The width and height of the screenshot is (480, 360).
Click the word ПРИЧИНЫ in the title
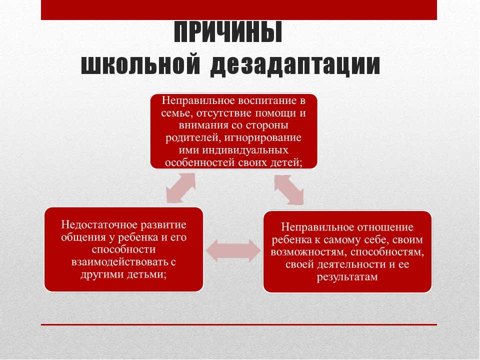(x=228, y=32)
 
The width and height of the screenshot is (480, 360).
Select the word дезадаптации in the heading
(x=295, y=65)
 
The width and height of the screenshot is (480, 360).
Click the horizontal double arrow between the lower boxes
(x=233, y=250)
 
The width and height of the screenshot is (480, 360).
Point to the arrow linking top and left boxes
(x=181, y=188)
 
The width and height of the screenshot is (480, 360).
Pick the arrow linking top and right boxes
(x=289, y=190)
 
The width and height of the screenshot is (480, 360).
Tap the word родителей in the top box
(x=192, y=137)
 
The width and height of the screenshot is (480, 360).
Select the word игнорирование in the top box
(x=263, y=138)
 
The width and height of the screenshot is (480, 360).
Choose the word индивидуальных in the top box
(x=245, y=150)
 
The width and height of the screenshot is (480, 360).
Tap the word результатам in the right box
(x=347, y=277)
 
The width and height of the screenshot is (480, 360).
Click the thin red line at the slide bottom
(x=239, y=324)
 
